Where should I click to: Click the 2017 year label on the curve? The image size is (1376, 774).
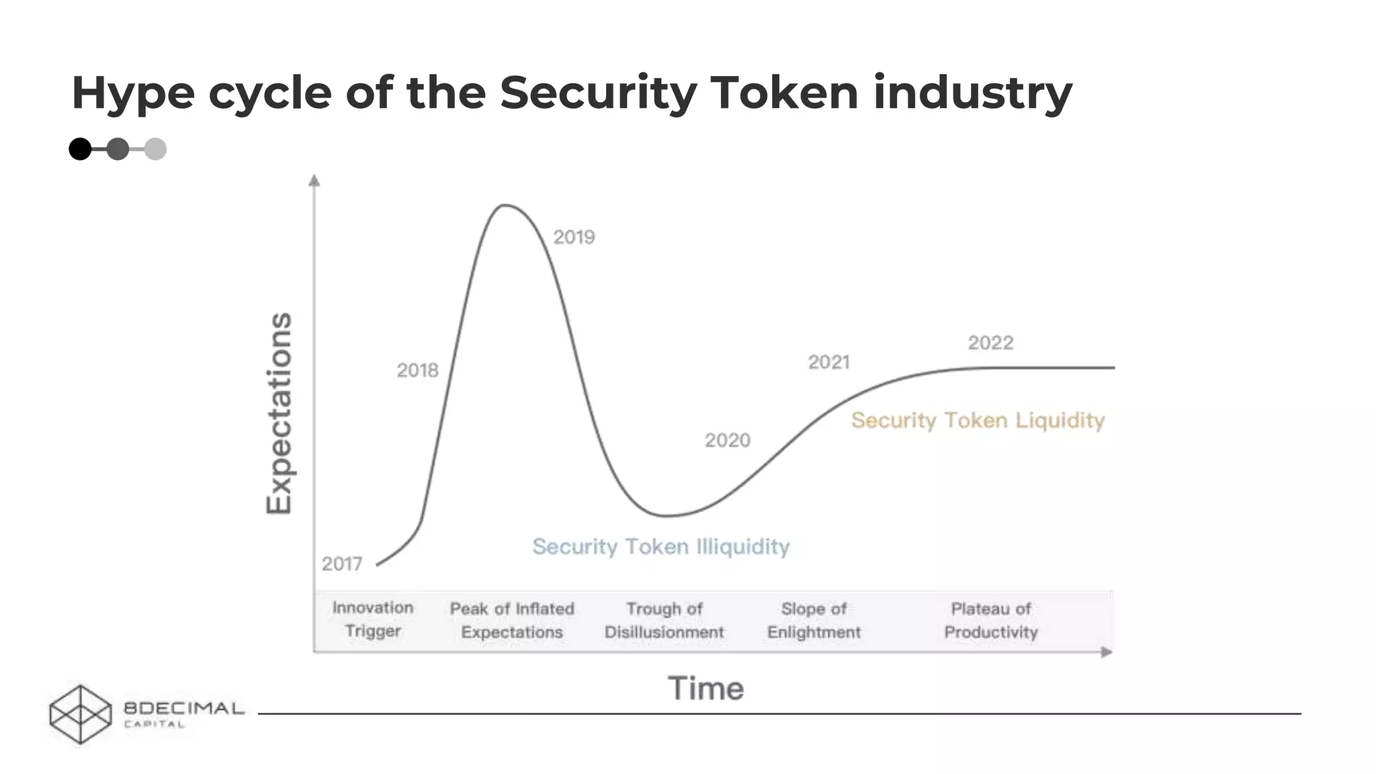pyautogui.click(x=341, y=564)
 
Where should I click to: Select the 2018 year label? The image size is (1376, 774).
pyautogui.click(x=417, y=370)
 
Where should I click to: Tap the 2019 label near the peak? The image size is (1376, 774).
pyautogui.click(x=574, y=237)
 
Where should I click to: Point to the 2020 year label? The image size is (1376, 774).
pyautogui.click(x=727, y=441)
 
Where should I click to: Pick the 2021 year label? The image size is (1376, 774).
pyautogui.click(x=828, y=363)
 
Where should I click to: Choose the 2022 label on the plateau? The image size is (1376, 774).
pyautogui.click(x=990, y=343)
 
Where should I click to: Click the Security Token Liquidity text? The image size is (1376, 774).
pyautogui.click(x=978, y=421)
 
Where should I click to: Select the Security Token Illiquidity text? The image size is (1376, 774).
pyautogui.click(x=660, y=547)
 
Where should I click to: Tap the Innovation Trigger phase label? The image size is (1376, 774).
pyautogui.click(x=373, y=619)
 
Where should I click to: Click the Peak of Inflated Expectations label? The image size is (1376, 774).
pyautogui.click(x=512, y=620)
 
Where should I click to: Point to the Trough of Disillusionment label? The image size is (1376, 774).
pyautogui.click(x=664, y=620)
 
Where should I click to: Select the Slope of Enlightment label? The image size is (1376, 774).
pyautogui.click(x=814, y=620)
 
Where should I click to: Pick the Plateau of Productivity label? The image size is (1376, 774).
pyautogui.click(x=991, y=620)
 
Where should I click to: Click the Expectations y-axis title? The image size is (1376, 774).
pyautogui.click(x=279, y=413)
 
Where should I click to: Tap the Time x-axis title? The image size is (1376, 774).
pyautogui.click(x=705, y=689)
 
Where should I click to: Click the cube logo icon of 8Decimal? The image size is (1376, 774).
pyautogui.click(x=81, y=714)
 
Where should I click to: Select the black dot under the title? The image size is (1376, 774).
pyautogui.click(x=80, y=149)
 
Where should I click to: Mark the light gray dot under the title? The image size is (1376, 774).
pyautogui.click(x=155, y=149)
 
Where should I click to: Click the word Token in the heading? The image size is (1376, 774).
pyautogui.click(x=783, y=93)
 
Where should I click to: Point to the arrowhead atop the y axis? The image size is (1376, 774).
pyautogui.click(x=314, y=180)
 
